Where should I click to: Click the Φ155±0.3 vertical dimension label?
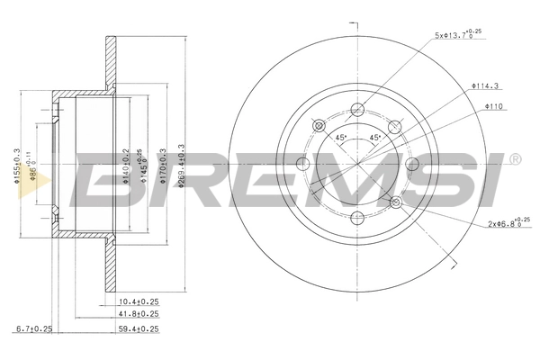click(17, 165)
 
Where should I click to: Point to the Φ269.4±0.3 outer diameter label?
click(184, 165)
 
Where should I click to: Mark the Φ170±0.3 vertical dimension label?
click(163, 165)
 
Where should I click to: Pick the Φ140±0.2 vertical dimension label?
click(126, 165)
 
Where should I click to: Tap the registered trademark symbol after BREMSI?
click(515, 160)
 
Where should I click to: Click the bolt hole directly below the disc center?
click(357, 217)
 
